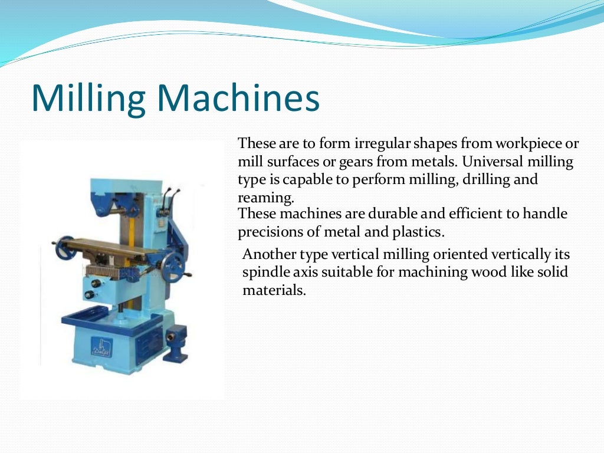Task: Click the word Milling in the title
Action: (88, 99)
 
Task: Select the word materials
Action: (274, 290)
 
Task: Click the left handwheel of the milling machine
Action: (64, 249)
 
